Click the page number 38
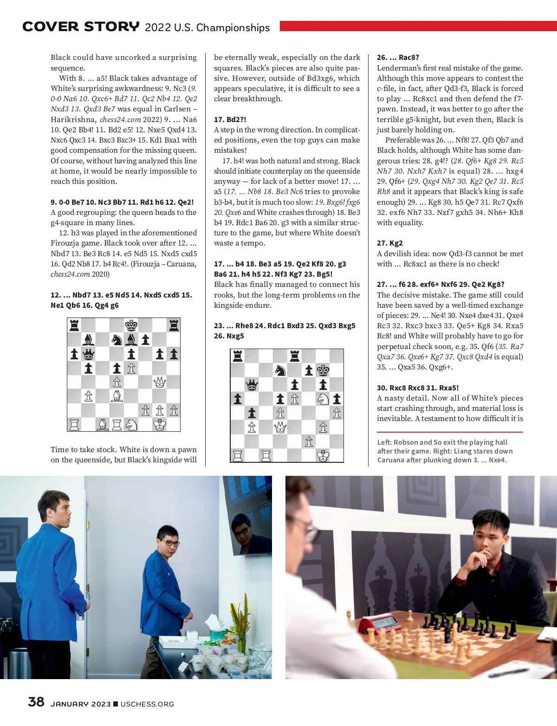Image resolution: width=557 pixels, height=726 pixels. (x=36, y=701)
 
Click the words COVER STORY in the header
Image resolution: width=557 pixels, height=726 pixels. (x=81, y=27)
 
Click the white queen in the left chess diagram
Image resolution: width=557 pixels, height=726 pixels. (x=160, y=382)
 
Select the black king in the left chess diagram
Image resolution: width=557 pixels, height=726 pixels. (x=131, y=325)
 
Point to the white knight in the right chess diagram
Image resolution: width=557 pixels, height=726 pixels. (x=323, y=398)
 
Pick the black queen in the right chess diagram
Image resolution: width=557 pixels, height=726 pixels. (x=252, y=384)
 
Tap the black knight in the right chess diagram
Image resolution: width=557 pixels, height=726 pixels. (x=280, y=370)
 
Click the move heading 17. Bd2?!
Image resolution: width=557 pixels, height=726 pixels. (x=230, y=119)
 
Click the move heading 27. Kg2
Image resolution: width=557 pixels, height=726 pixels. (x=390, y=243)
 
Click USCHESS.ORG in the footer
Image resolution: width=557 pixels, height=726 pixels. (x=147, y=704)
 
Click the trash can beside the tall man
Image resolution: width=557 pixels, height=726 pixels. (x=19, y=663)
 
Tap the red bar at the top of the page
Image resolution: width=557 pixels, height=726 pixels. (x=418, y=26)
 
